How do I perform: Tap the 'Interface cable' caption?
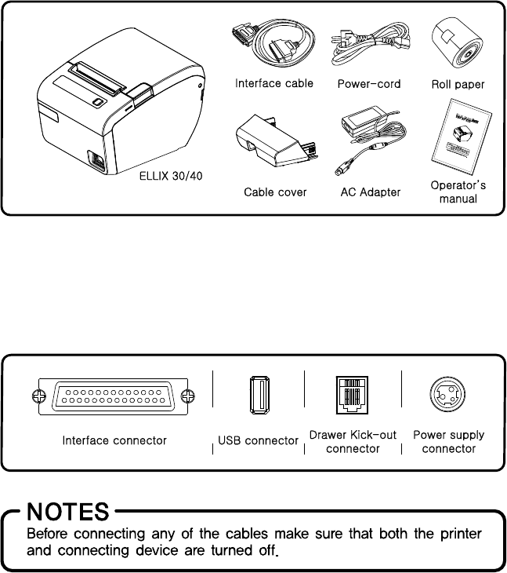click(x=273, y=83)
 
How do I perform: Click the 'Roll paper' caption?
click(x=458, y=83)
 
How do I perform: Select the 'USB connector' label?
click(x=259, y=441)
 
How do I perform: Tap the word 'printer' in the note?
click(x=479, y=534)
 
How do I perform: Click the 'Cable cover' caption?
click(x=275, y=192)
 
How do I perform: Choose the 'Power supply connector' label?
click(x=449, y=442)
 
